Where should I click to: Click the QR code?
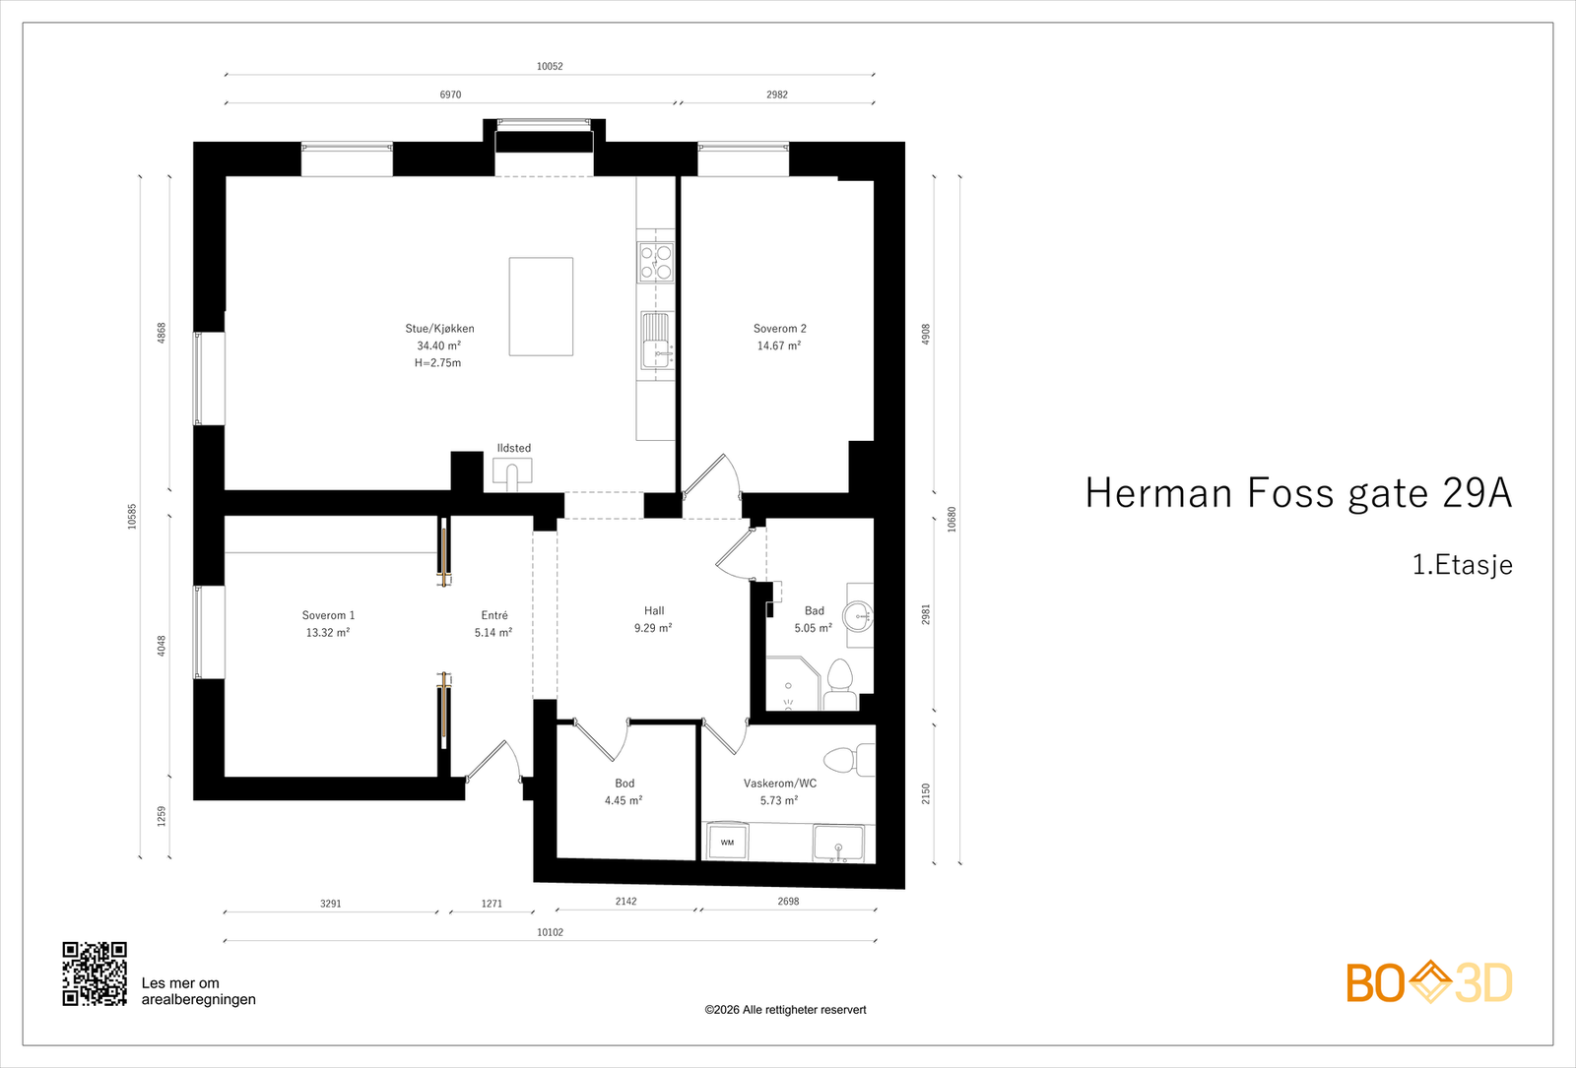point(95,974)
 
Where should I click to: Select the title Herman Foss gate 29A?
point(1298,493)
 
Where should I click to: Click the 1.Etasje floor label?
point(1462,565)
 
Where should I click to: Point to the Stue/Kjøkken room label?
point(439,329)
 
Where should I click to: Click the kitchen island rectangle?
point(541,306)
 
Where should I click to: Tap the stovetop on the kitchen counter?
point(656,262)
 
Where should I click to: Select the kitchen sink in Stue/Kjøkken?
point(657,341)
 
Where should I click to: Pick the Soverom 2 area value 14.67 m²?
point(779,346)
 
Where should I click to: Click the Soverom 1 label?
point(329,615)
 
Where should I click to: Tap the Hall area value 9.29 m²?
point(653,628)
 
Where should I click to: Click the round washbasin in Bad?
point(859,616)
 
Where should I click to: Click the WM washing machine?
point(728,842)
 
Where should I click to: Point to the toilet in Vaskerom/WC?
point(849,760)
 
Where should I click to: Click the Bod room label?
point(624,784)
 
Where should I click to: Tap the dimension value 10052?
point(551,67)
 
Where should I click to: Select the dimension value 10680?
point(952,520)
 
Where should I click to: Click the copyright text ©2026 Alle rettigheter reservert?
point(785,1010)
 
